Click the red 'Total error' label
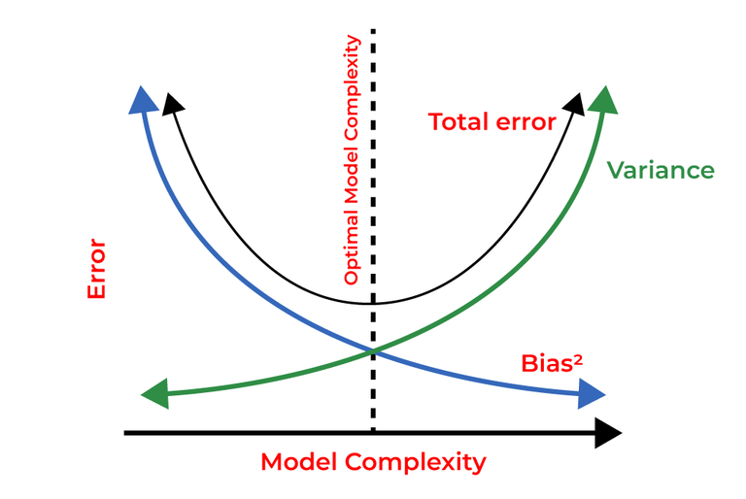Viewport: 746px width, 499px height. coord(492,122)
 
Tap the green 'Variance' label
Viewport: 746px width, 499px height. coord(661,171)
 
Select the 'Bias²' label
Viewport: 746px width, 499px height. coord(551,364)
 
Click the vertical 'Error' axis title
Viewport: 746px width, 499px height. coord(96,269)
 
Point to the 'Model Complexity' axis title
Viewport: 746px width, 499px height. coord(373,462)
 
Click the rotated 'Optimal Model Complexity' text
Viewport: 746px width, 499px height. coord(353,160)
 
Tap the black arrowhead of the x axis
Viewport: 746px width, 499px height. coord(607,432)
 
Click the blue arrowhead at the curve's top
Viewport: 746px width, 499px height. coord(142,98)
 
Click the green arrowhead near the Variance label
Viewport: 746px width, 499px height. coord(603,100)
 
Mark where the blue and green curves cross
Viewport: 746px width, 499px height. coord(372,350)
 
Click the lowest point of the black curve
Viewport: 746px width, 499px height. coord(372,303)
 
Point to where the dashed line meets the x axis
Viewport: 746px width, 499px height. coord(373,432)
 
